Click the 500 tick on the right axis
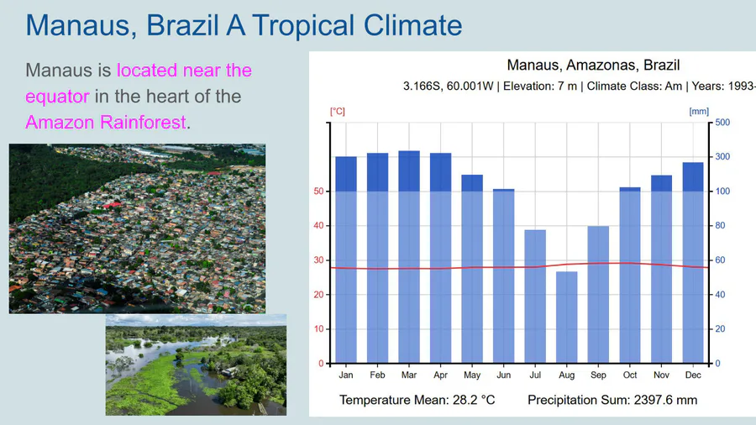click(x=722, y=123)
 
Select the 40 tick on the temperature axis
click(x=318, y=226)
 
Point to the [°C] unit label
click(x=338, y=110)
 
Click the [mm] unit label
click(x=698, y=110)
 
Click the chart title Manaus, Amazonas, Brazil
click(x=593, y=65)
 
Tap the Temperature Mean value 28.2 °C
click(x=464, y=400)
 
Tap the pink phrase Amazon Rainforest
click(x=105, y=122)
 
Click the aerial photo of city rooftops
click(x=137, y=228)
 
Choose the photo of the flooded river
click(x=196, y=365)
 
